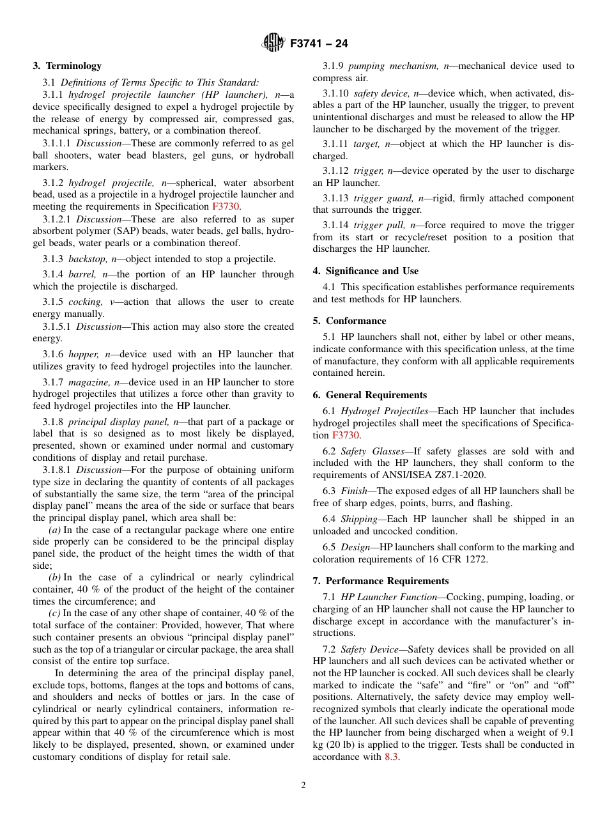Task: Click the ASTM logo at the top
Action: [x=273, y=43]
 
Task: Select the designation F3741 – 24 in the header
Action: [x=319, y=44]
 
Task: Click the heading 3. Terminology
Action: [x=67, y=66]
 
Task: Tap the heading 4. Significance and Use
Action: [x=365, y=271]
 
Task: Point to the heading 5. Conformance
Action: [x=350, y=321]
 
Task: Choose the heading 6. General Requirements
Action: [x=370, y=395]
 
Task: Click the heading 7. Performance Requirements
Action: [x=381, y=581]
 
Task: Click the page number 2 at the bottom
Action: [x=303, y=786]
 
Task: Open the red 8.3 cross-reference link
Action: [x=392, y=757]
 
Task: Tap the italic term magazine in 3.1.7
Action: [x=89, y=382]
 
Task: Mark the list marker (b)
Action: [x=55, y=577]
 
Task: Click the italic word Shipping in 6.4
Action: [x=359, y=519]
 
